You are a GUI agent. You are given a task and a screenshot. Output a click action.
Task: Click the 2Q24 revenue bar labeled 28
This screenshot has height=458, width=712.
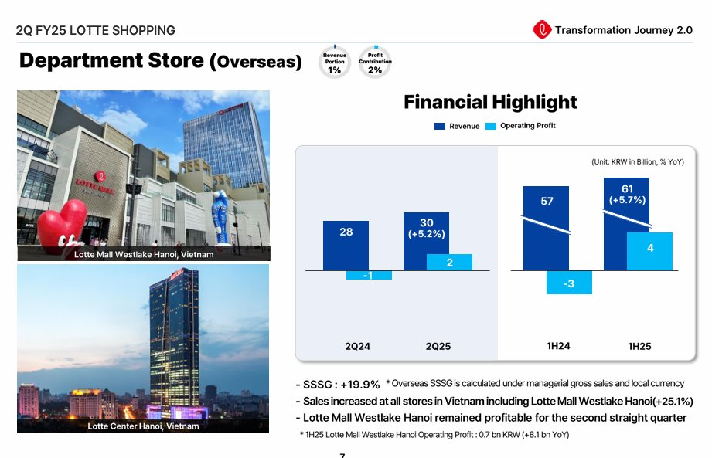click(346, 246)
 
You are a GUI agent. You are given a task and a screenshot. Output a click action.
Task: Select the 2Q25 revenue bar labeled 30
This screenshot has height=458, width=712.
click(426, 241)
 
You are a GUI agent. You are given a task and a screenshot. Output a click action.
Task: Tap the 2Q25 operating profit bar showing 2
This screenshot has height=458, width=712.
click(449, 262)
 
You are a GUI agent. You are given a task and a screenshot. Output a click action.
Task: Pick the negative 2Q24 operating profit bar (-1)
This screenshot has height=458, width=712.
click(369, 275)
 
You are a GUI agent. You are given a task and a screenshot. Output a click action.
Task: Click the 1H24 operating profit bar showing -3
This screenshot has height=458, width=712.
click(569, 283)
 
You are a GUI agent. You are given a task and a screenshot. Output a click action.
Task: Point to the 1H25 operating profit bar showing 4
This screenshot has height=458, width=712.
click(649, 251)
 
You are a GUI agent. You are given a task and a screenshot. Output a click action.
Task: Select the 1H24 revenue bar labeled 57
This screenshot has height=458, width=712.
click(546, 228)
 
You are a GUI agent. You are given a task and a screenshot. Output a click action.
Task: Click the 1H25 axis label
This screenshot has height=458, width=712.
click(639, 347)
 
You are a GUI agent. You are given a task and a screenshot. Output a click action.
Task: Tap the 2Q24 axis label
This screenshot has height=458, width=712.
click(357, 347)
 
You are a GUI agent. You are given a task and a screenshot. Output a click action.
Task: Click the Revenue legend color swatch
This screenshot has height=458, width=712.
click(440, 126)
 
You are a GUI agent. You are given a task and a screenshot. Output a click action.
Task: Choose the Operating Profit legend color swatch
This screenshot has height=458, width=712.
click(491, 126)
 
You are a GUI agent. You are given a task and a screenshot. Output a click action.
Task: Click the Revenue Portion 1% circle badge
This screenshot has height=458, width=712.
click(335, 62)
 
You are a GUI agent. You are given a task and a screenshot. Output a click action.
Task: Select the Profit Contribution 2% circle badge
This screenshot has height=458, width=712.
click(375, 62)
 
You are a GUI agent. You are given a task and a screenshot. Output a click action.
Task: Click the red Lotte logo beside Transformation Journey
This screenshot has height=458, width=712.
click(542, 30)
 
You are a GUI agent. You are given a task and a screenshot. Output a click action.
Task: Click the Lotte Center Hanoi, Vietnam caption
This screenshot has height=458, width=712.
click(143, 426)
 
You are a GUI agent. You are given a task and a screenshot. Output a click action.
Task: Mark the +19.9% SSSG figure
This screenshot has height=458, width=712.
click(359, 385)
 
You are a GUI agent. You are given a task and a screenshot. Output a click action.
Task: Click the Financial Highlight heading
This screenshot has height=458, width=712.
click(490, 102)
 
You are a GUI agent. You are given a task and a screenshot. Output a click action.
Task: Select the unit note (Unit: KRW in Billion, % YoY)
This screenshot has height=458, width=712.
click(638, 162)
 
